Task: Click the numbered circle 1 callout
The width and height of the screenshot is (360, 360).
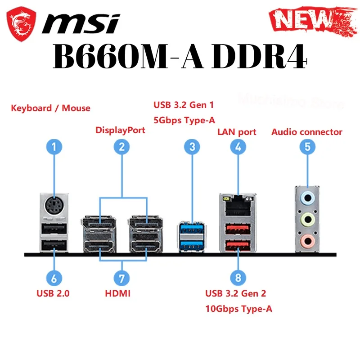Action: (x=54, y=146)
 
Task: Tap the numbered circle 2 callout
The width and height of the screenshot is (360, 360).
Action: (x=121, y=146)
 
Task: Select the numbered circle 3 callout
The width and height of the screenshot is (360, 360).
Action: (x=192, y=146)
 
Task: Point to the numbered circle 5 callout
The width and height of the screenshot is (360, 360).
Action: (x=307, y=146)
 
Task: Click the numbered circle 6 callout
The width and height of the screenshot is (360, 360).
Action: (x=54, y=278)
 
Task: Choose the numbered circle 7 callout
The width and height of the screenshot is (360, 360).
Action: (x=121, y=278)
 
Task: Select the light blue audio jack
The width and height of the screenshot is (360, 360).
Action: (x=307, y=197)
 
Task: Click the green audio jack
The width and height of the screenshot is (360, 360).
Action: (x=307, y=220)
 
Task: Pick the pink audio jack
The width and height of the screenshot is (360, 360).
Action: (x=307, y=241)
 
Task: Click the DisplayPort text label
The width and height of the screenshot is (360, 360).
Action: (x=120, y=130)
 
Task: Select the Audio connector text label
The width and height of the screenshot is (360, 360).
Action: (x=307, y=132)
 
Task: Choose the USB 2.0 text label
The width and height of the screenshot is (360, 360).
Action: (x=53, y=294)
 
